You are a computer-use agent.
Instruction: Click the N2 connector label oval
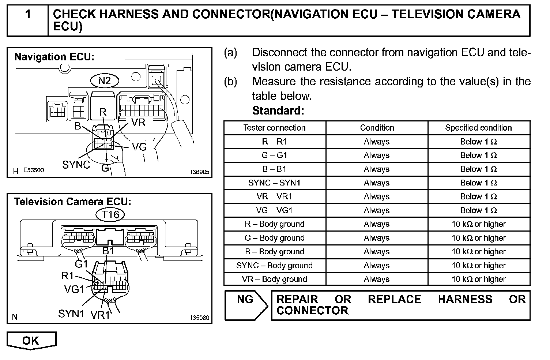(x=105, y=80)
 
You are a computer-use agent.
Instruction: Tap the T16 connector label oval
(x=110, y=214)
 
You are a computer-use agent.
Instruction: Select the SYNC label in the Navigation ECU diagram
(x=76, y=165)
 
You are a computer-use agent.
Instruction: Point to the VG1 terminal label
(x=74, y=290)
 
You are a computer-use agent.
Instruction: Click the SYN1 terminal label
(x=71, y=314)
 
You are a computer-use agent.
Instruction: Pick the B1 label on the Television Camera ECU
(x=109, y=251)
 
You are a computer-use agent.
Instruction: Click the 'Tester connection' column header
(x=274, y=128)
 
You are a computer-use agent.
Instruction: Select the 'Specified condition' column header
(x=478, y=128)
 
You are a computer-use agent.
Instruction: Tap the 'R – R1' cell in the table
(x=274, y=142)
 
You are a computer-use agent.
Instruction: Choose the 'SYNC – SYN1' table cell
(x=274, y=183)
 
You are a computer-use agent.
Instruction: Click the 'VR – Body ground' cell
(x=274, y=279)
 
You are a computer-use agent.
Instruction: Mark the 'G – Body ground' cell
(x=274, y=238)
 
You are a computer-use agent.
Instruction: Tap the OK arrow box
(x=31, y=341)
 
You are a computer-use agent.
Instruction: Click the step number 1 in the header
(x=28, y=15)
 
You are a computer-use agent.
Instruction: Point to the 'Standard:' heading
(x=278, y=110)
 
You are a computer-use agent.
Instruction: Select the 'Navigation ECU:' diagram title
(x=54, y=57)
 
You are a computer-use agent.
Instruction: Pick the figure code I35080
(x=200, y=318)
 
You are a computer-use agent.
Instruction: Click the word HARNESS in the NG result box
(x=465, y=300)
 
